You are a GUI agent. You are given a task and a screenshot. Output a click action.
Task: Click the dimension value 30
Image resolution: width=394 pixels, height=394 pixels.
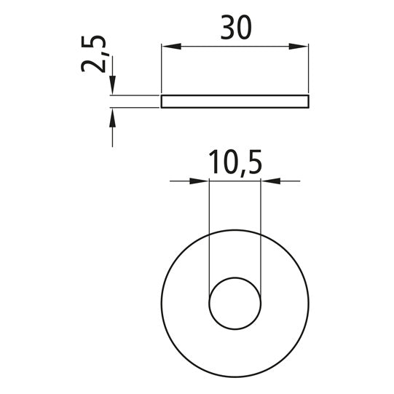235,27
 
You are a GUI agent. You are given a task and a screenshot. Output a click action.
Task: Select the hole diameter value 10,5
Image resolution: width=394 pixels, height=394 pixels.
235,162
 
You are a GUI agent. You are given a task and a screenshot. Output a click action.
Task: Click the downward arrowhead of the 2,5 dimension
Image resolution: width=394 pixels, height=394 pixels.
112,87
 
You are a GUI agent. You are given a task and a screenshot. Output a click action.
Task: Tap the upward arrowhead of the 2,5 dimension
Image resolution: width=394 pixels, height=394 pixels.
112,117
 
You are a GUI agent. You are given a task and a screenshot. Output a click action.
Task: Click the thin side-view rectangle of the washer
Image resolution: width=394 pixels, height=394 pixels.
235,101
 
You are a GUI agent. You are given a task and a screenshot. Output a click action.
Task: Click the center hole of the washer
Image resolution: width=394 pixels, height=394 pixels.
235,302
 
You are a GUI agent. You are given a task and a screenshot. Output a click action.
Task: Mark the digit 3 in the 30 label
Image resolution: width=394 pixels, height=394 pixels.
226,27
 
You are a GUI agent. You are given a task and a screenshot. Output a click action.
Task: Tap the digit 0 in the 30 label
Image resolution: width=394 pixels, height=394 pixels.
244,27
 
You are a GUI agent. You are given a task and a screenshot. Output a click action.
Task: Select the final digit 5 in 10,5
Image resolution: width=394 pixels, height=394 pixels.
253,162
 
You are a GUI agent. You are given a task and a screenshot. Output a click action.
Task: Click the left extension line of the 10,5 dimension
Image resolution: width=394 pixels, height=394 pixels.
209,233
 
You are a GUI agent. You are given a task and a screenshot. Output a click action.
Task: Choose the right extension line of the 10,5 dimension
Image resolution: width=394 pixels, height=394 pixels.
261,233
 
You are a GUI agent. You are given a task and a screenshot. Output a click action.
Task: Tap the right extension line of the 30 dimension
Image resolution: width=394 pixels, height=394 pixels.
308,69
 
